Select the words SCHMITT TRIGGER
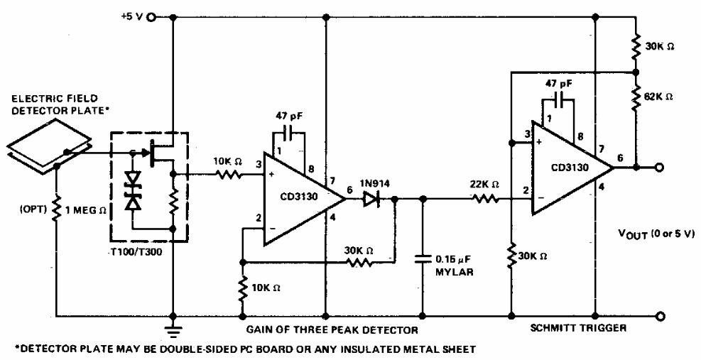coord(567,329)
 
